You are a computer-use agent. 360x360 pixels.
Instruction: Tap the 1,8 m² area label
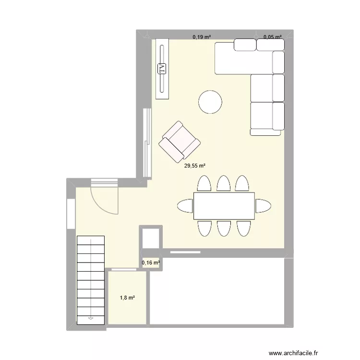tap(127, 298)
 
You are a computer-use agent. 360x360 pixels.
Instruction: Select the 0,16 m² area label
tap(151, 263)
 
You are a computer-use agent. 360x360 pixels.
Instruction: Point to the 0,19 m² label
tap(202, 36)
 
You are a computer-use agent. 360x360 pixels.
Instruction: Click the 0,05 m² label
tap(272, 36)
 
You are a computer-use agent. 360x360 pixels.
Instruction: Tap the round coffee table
tap(210, 102)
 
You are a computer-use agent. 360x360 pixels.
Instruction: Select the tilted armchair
tap(179, 141)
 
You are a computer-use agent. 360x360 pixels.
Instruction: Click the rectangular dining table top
tap(224, 205)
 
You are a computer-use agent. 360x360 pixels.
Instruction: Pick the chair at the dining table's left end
tap(185, 206)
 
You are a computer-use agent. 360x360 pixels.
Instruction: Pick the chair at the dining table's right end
tap(263, 206)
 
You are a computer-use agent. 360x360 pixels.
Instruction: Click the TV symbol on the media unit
tap(162, 69)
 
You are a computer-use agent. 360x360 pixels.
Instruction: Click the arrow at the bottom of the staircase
tap(91, 317)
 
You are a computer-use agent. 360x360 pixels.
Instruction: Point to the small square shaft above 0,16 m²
tap(151, 238)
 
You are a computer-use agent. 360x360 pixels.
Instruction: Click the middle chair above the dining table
tap(224, 184)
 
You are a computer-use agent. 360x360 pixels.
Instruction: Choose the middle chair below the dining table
tap(224, 228)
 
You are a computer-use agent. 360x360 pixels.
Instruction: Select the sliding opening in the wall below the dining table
tap(185, 251)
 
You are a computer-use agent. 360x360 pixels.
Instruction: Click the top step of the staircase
tap(91, 240)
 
